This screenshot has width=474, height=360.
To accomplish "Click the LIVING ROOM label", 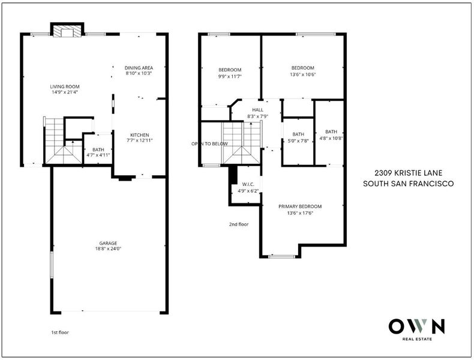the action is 65,87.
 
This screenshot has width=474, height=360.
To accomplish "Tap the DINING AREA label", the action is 139,68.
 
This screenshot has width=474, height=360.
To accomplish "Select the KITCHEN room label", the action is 140,135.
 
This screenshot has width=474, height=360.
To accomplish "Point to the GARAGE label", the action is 108,244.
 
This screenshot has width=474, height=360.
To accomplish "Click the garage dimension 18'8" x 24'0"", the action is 108,249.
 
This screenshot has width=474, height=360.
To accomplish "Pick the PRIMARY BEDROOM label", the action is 300,207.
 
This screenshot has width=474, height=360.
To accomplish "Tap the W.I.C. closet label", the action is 248,184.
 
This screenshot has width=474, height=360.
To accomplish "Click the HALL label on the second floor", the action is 257,110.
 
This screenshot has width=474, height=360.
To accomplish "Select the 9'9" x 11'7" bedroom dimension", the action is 230,76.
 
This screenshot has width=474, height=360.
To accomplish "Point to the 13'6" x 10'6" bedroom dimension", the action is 302,74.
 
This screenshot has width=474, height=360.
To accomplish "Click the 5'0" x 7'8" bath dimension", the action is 298,140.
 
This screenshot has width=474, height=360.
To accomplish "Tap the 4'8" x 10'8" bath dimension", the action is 331,139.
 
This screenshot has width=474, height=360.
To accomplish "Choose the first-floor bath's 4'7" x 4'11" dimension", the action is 98,155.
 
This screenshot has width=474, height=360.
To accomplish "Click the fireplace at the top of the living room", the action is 67,30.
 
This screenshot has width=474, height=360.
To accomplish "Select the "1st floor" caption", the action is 60,332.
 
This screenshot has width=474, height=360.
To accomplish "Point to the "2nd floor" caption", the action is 239,224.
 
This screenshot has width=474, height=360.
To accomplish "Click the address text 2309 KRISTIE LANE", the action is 409,173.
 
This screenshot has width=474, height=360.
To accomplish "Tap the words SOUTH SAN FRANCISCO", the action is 409,184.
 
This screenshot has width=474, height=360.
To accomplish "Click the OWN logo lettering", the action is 417,326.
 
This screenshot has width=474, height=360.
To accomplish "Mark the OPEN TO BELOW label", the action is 209,144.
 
